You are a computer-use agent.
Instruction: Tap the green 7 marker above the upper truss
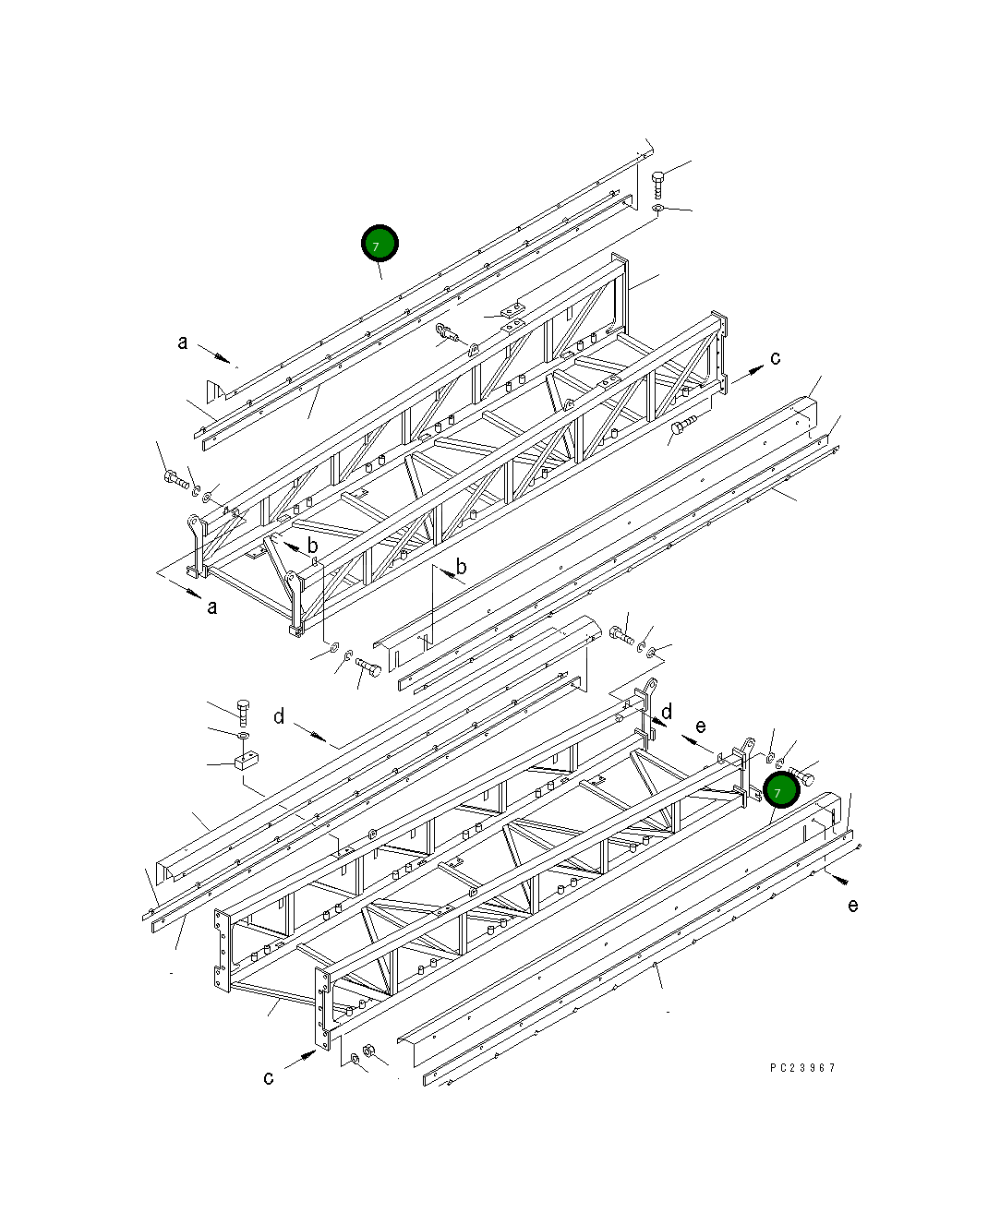pyautogui.click(x=379, y=244)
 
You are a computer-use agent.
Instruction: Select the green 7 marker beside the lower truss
pyautogui.click(x=780, y=791)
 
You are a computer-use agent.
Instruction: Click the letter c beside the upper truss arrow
pyautogui.click(x=775, y=358)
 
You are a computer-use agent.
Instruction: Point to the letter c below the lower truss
pyautogui.click(x=269, y=1077)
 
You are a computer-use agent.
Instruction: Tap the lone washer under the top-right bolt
pyautogui.click(x=657, y=210)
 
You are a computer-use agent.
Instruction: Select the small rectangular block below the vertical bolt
pyautogui.click(x=245, y=762)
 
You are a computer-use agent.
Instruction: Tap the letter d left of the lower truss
pyautogui.click(x=279, y=716)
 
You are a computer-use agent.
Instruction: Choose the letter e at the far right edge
pyautogui.click(x=852, y=905)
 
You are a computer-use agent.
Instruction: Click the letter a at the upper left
pyautogui.click(x=183, y=342)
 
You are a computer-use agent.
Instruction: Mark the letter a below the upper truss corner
pyautogui.click(x=212, y=607)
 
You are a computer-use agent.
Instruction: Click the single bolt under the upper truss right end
pyautogui.click(x=683, y=426)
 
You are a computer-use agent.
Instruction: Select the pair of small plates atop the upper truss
pyautogui.click(x=511, y=316)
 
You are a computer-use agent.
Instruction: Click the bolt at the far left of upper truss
pyautogui.click(x=175, y=478)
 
